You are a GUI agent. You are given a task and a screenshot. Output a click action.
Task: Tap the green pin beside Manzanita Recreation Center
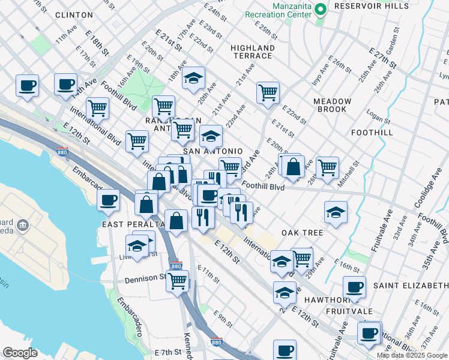321,10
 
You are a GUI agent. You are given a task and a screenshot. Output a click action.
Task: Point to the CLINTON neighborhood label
74,14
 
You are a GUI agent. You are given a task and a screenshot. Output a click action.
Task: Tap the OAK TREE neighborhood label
302,232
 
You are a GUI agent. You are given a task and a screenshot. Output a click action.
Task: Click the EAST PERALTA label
133,224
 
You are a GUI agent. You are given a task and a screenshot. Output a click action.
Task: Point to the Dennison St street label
145,279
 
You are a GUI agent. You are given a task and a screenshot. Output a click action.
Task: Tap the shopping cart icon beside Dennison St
177,281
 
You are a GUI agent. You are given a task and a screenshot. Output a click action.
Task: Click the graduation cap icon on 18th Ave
193,78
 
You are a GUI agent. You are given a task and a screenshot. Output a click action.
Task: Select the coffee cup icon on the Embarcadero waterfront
108,200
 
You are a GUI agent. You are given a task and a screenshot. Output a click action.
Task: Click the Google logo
20,353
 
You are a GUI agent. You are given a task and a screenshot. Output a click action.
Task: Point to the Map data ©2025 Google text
412,355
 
